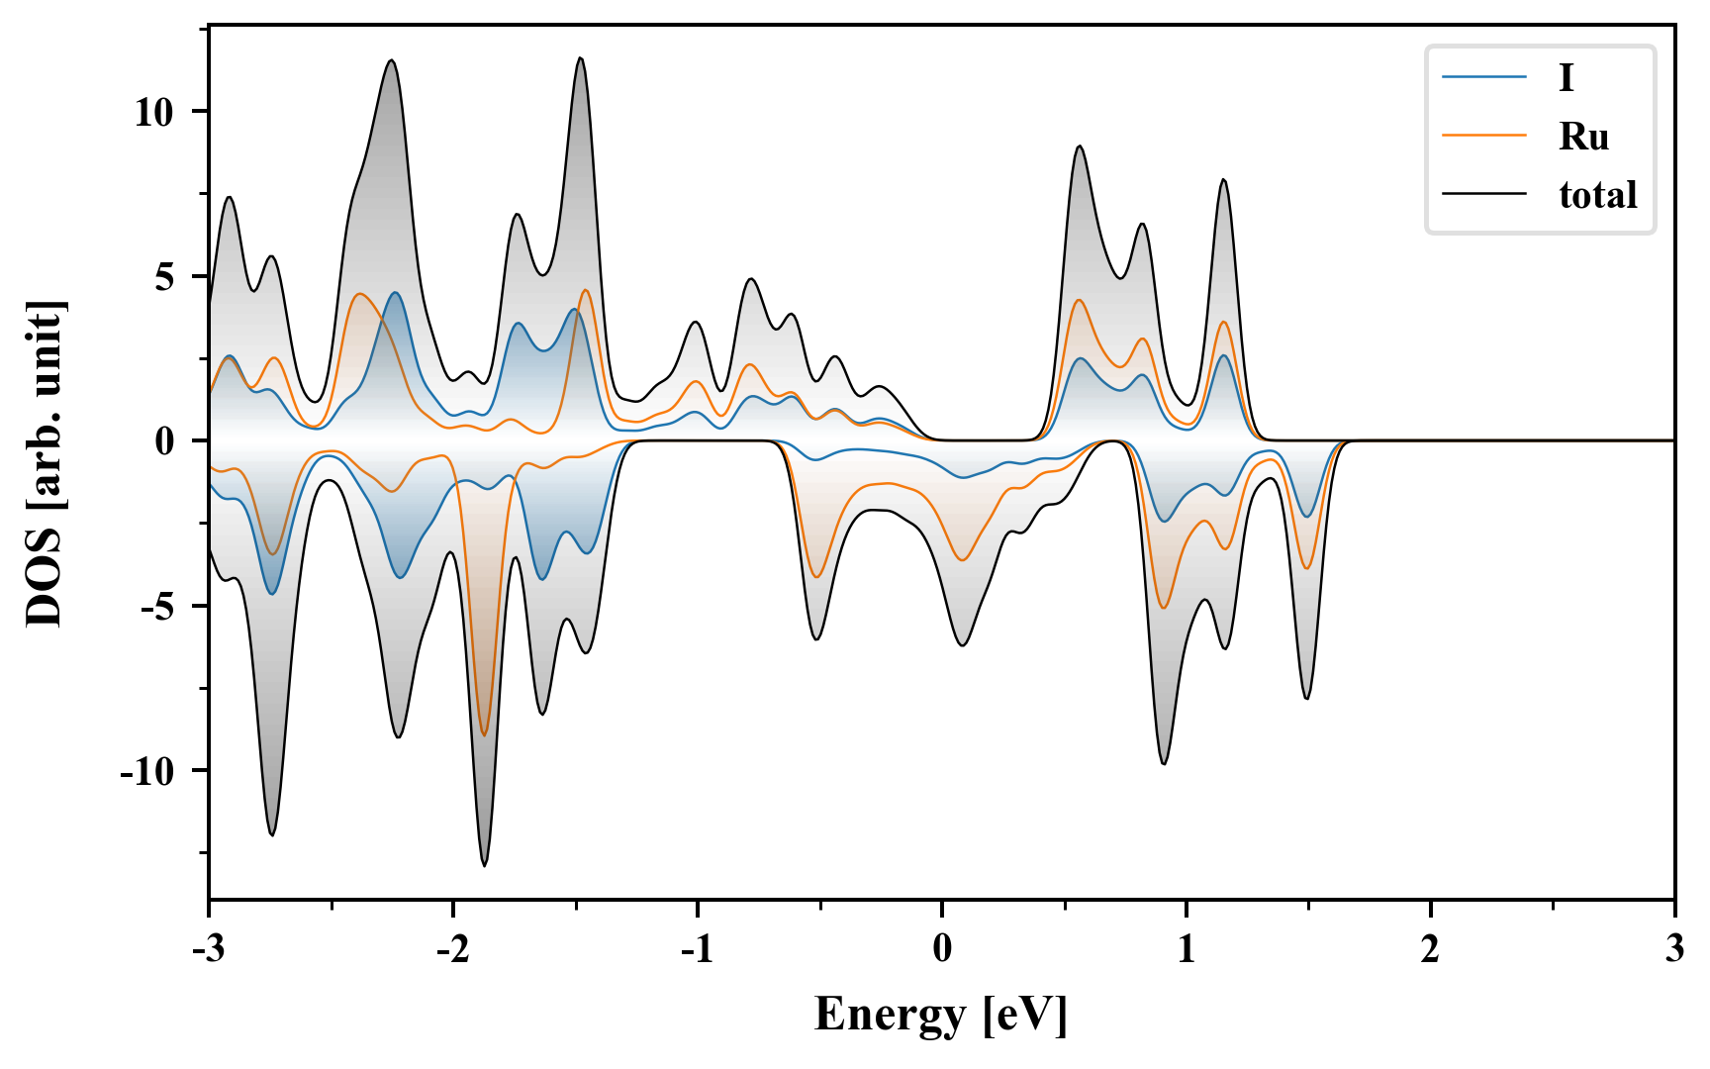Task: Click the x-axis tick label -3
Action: pyautogui.click(x=208, y=950)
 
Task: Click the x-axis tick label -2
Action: pyautogui.click(x=452, y=950)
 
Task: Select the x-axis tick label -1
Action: pyautogui.click(x=697, y=950)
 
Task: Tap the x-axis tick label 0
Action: pyautogui.click(x=942, y=950)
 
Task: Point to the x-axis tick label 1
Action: pyautogui.click(x=1187, y=950)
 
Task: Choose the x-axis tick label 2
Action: pyautogui.click(x=1431, y=950)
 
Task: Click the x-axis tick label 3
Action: pyautogui.click(x=1674, y=950)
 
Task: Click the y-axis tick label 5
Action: pyautogui.click(x=164, y=277)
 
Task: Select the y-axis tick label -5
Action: pyautogui.click(x=158, y=607)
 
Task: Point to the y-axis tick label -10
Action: pyautogui.click(x=147, y=772)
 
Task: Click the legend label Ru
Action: pyautogui.click(x=1583, y=137)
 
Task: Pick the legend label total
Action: pyautogui.click(x=1598, y=195)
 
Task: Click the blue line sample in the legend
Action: pyautogui.click(x=1484, y=77)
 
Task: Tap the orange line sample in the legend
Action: pyautogui.click(x=1484, y=136)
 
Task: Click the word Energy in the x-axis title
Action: pyautogui.click(x=890, y=1016)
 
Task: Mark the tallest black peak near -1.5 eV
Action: pyautogui.click(x=580, y=58)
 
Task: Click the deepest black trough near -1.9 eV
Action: pyautogui.click(x=484, y=865)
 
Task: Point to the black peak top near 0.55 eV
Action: pyautogui.click(x=1080, y=146)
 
